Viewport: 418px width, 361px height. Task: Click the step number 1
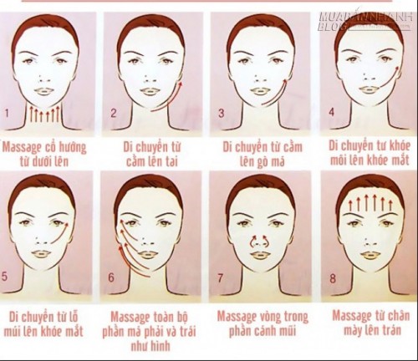point(7,114)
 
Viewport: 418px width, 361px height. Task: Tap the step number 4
point(331,112)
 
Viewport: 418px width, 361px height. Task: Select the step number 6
point(111,277)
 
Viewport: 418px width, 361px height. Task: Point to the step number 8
point(333,278)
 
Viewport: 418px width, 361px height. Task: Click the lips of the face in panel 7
point(260,254)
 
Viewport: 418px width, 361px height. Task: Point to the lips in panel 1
point(43,91)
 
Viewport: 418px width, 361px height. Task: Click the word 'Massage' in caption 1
point(21,148)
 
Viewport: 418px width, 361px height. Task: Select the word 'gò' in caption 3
point(263,162)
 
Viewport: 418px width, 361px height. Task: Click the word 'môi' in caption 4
point(339,161)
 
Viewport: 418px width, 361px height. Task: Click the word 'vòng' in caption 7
point(268,317)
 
